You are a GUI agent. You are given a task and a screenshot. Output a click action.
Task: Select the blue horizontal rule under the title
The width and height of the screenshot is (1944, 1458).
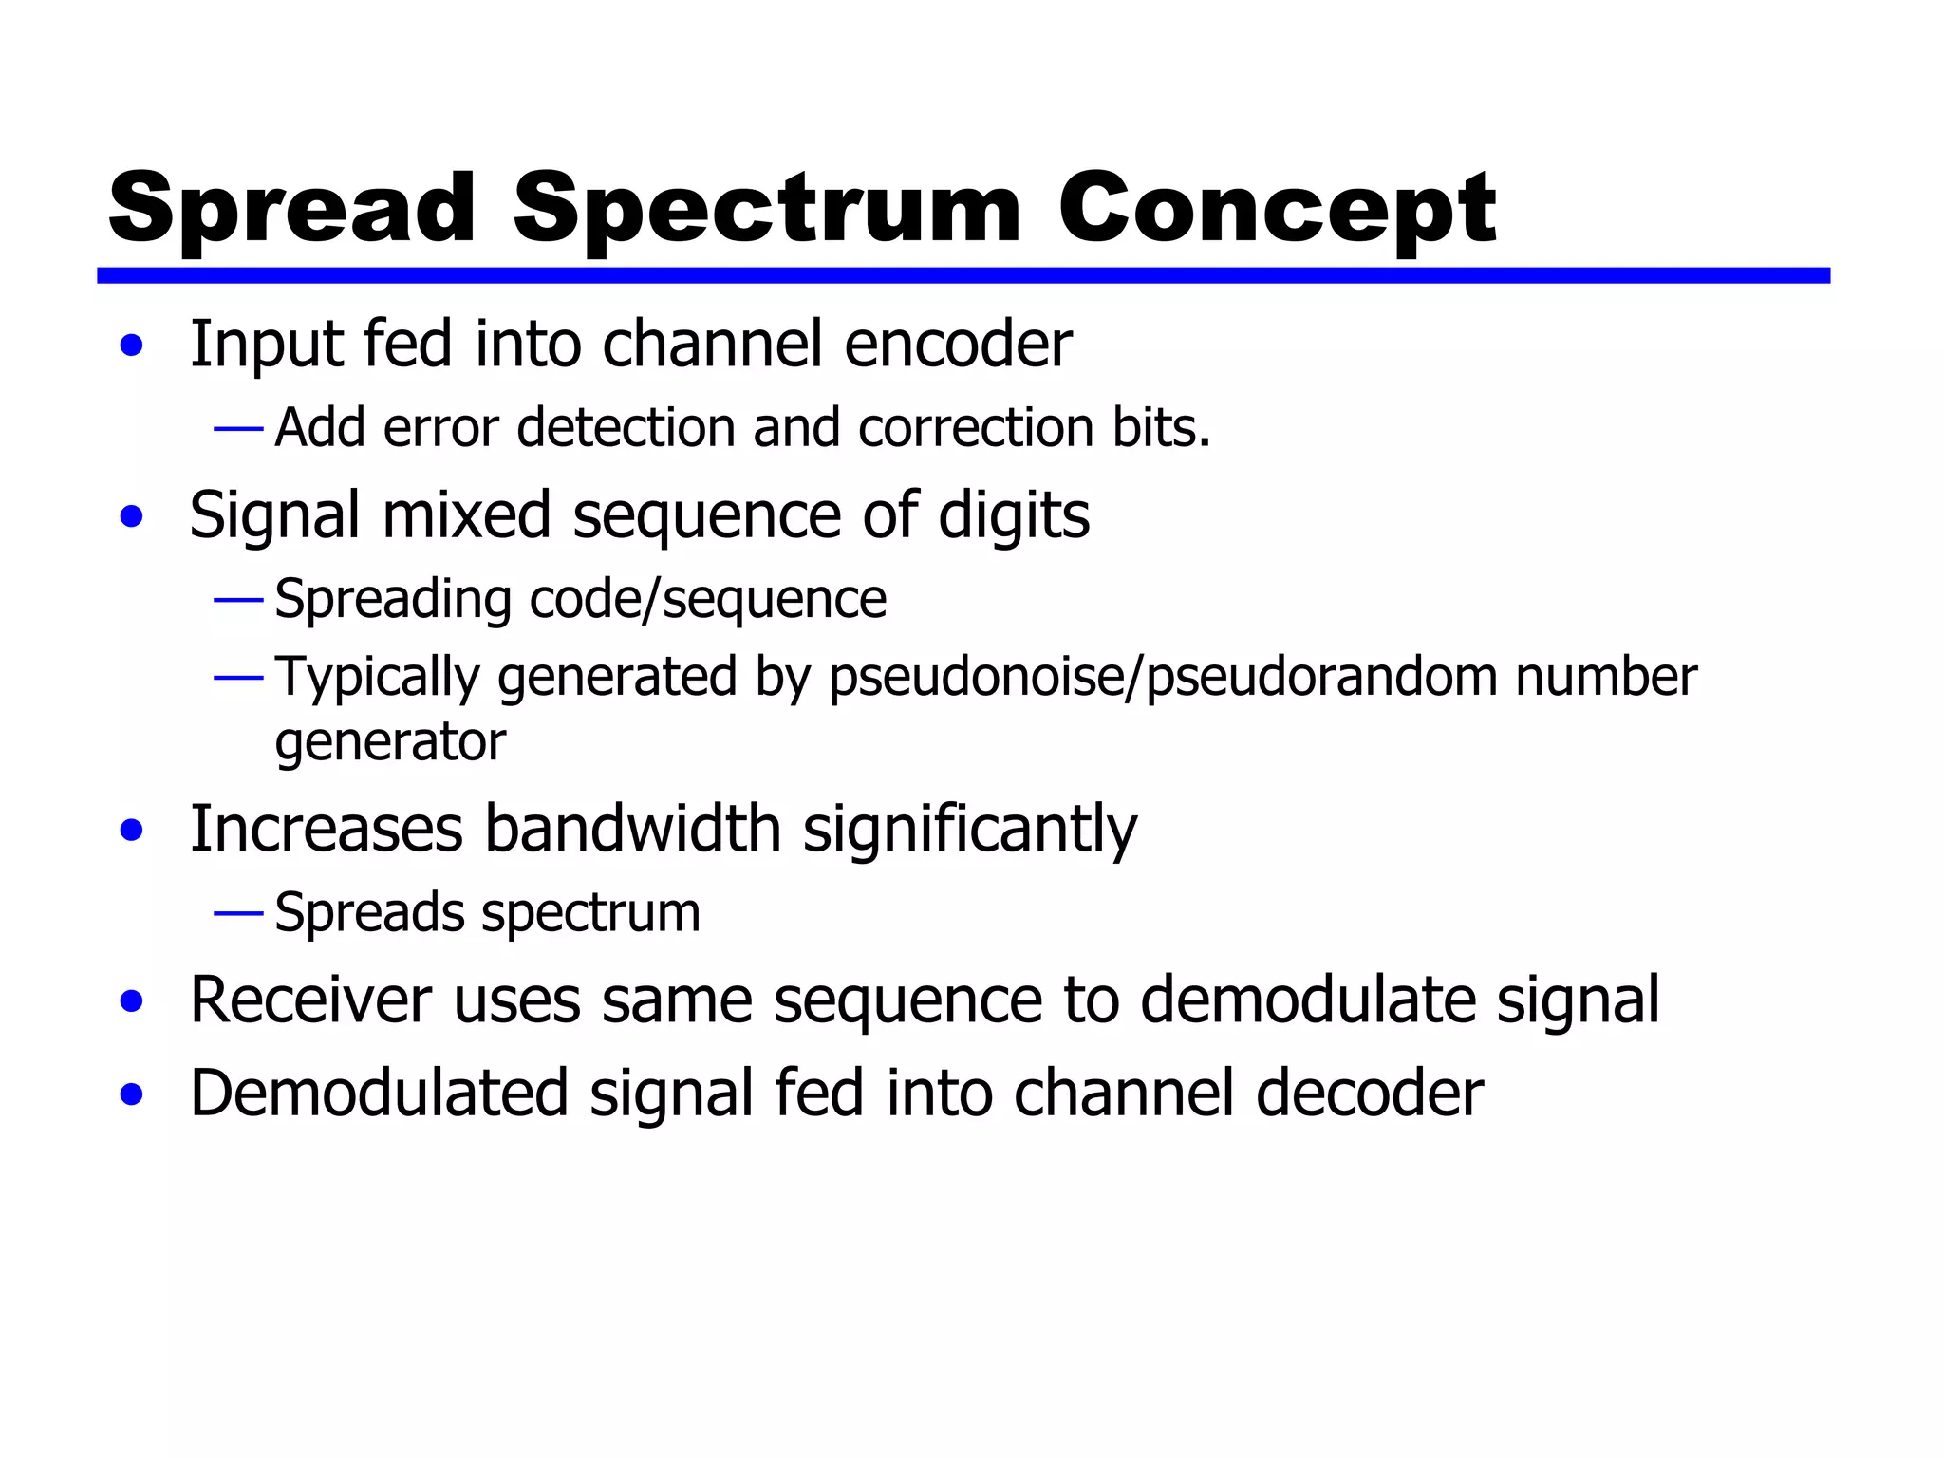pyautogui.click(x=963, y=275)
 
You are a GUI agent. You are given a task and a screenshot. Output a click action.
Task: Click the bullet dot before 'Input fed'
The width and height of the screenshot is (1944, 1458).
pyautogui.click(x=132, y=346)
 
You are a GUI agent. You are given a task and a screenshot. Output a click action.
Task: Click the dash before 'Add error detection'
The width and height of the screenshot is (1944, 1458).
pyautogui.click(x=238, y=430)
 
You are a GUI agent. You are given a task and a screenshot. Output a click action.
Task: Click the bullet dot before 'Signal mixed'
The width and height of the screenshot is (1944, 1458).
pyautogui.click(x=132, y=517)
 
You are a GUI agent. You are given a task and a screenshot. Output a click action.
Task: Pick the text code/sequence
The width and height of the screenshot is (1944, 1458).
pyautogui.click(x=707, y=600)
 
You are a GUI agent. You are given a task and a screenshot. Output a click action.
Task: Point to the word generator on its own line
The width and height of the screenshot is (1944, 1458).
pyautogui.click(x=390, y=742)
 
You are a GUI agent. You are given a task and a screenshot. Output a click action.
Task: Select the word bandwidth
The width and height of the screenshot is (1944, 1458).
pyautogui.click(x=632, y=830)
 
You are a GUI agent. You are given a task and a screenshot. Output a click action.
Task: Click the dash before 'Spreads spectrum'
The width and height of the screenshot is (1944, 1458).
pyautogui.click(x=238, y=914)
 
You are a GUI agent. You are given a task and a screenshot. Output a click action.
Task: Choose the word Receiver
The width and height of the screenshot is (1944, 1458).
pyautogui.click(x=311, y=1000)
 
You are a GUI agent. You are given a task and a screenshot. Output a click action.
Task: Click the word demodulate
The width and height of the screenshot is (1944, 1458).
pyautogui.click(x=1306, y=1000)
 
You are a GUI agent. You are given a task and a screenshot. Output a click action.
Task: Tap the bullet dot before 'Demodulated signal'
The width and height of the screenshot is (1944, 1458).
pyautogui.click(x=132, y=1094)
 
